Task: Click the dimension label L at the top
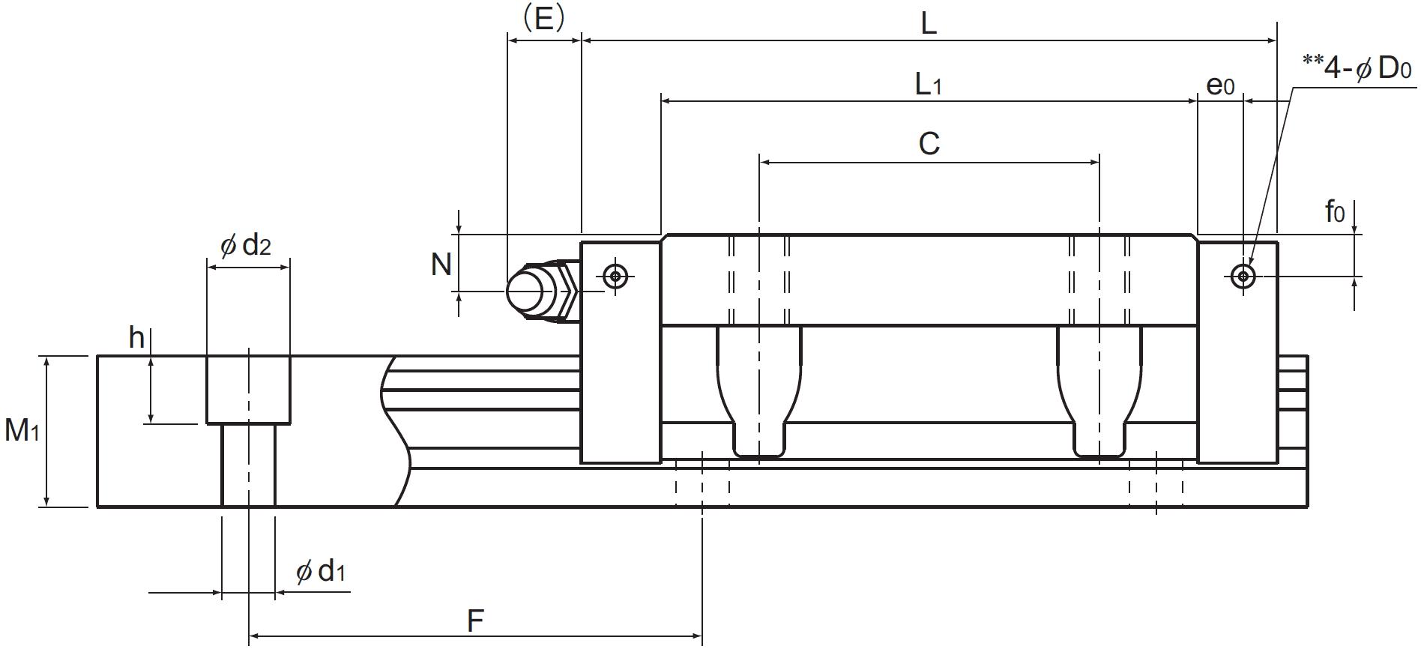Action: click(928, 24)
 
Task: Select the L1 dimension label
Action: click(928, 84)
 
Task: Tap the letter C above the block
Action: click(929, 143)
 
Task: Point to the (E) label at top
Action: click(543, 18)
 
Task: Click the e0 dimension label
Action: click(1220, 85)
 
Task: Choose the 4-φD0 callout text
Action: click(1358, 68)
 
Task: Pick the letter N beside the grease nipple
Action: click(441, 264)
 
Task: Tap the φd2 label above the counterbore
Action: click(246, 244)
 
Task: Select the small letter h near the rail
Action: click(136, 338)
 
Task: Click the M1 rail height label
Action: click(22, 430)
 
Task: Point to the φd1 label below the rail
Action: click(321, 571)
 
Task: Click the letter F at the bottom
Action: click(475, 621)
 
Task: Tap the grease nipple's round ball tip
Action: click(525, 292)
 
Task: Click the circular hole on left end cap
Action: click(616, 277)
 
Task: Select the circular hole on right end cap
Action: click(1243, 277)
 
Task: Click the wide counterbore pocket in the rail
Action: click(248, 390)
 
